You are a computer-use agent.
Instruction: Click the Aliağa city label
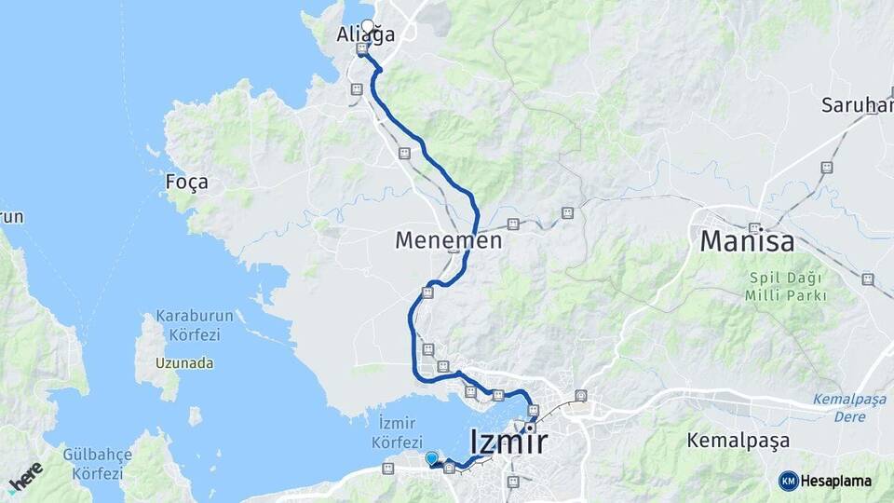[x=365, y=35]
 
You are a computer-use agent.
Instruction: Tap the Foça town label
[x=186, y=182]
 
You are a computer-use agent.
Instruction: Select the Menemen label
[x=448, y=240]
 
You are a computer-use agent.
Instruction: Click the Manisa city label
[x=747, y=242]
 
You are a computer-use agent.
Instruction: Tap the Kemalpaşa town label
[x=738, y=440]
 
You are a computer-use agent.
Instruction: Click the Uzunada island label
[x=185, y=363]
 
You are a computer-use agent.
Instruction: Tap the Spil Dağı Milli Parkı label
[x=785, y=287]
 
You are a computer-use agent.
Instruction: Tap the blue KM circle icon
[x=788, y=481]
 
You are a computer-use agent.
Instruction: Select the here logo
[x=25, y=477]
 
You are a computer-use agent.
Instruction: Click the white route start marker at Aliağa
[x=367, y=26]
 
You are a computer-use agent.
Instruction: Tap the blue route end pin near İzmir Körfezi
[x=431, y=458]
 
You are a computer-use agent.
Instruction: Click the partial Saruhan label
[x=856, y=104]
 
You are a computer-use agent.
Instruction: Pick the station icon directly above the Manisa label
[x=754, y=227]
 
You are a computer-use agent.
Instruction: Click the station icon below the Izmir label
[x=512, y=482]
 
